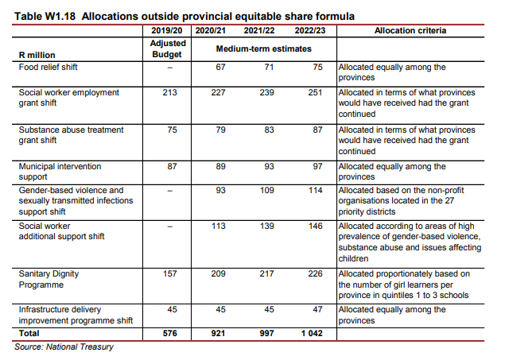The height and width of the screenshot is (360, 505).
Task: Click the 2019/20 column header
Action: (x=167, y=30)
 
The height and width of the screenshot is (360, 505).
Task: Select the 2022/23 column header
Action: (x=310, y=30)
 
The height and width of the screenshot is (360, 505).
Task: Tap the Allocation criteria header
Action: (x=410, y=30)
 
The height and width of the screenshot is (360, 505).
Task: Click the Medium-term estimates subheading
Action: (x=264, y=49)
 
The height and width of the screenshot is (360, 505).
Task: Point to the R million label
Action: (x=37, y=55)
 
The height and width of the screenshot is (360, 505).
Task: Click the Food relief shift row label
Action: (x=48, y=67)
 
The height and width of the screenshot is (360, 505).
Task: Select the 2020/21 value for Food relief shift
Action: (x=220, y=67)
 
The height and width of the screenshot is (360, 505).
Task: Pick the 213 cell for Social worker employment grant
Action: (x=169, y=92)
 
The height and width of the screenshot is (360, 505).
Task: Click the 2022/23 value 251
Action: (x=315, y=92)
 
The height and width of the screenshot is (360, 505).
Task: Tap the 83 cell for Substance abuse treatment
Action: (x=269, y=130)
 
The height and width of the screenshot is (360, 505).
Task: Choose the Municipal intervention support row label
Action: (x=60, y=172)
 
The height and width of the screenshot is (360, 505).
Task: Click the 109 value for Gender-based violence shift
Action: (x=267, y=190)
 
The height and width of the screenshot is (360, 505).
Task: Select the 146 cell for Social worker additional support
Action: (x=315, y=226)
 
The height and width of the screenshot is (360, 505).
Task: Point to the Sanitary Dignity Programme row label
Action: (x=49, y=279)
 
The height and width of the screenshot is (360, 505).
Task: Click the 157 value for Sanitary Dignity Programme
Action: (x=169, y=273)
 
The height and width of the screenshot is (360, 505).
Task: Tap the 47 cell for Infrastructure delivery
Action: (x=317, y=309)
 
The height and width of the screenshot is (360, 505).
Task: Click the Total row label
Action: (x=29, y=333)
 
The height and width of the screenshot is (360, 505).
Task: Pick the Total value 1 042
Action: (x=312, y=333)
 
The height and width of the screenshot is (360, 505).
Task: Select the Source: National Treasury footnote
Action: (x=64, y=346)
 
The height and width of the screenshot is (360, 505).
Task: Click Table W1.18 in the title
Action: (x=45, y=16)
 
